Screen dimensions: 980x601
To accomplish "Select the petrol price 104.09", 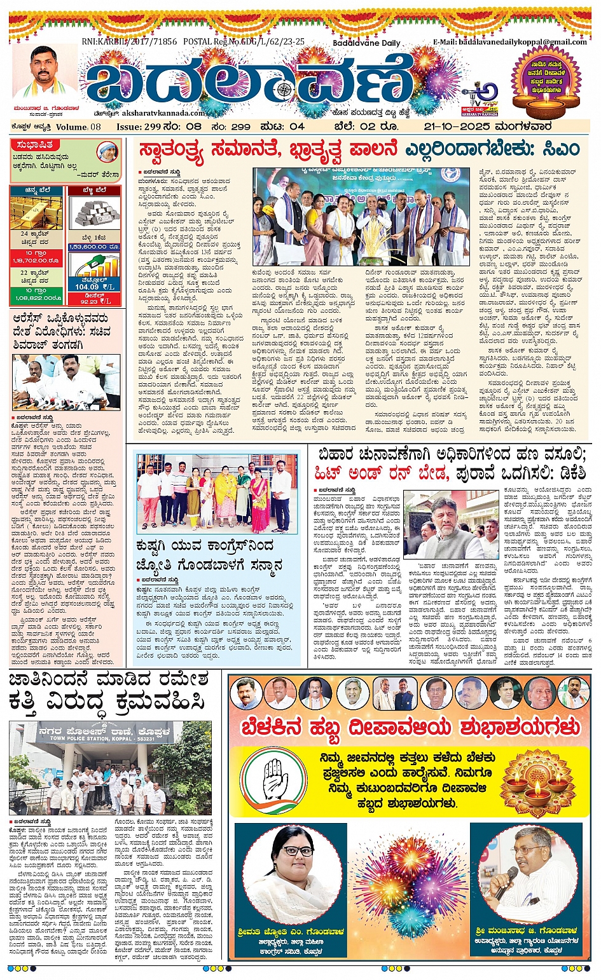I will click(x=87, y=287).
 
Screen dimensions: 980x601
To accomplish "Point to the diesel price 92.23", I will click(x=87, y=301).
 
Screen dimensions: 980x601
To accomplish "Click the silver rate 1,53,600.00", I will click(x=95, y=246).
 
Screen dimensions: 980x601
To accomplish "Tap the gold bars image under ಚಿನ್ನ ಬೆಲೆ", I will click(x=36, y=213).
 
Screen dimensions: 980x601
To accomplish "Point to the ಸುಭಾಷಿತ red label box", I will click(x=36, y=145).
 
